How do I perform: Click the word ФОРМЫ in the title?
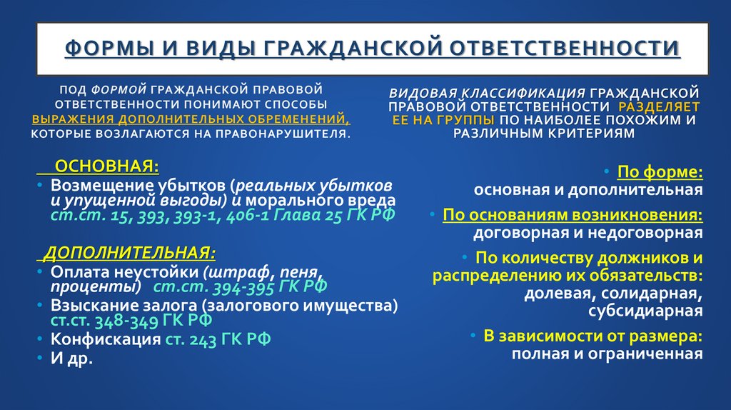(x=108, y=49)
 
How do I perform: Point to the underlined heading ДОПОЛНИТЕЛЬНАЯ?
(x=129, y=254)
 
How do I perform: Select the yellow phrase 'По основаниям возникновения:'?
(x=573, y=214)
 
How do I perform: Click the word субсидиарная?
(x=645, y=311)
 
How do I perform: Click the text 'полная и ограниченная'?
(x=607, y=354)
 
